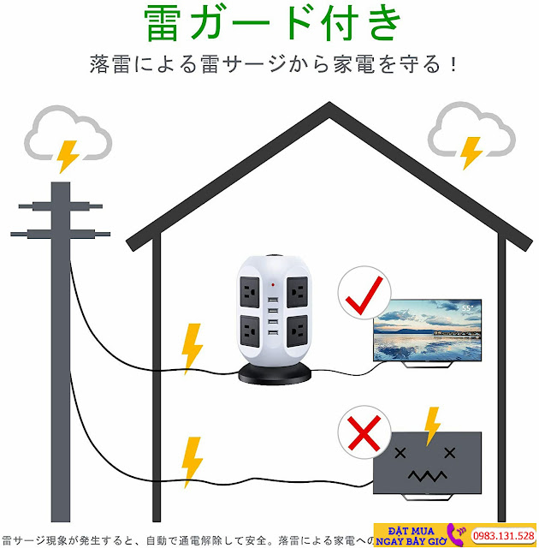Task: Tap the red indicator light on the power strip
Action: pyautogui.click(x=273, y=283)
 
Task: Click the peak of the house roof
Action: pyautogui.click(x=329, y=106)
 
